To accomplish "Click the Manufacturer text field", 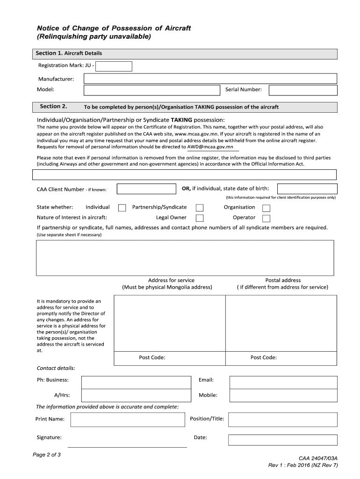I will pyautogui.click(x=210, y=79).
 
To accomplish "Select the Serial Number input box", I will pyautogui.click(x=302, y=90).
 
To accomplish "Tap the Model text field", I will pyautogui.click(x=151, y=90).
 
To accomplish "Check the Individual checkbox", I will pyautogui.click(x=122, y=208).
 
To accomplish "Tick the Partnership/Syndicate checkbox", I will pyautogui.click(x=200, y=208).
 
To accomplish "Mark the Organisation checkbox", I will pyautogui.click(x=266, y=208).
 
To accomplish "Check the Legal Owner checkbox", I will pyautogui.click(x=200, y=218).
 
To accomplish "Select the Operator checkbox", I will pyautogui.click(x=266, y=218).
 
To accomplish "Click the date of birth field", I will pyautogui.click(x=307, y=189).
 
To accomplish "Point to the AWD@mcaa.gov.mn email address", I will pyautogui.click(x=210, y=147).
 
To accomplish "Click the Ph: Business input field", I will pyautogui.click(x=136, y=382).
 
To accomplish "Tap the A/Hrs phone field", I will pyautogui.click(x=136, y=396).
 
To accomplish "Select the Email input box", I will pyautogui.click(x=283, y=382).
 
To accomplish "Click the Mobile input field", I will pyautogui.click(x=283, y=396).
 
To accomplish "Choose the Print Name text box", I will pyautogui.click(x=127, y=420).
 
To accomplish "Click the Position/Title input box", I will pyautogui.click(x=282, y=420).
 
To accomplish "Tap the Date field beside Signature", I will pyautogui.click(x=282, y=440).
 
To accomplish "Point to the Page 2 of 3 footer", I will pyautogui.click(x=47, y=455).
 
